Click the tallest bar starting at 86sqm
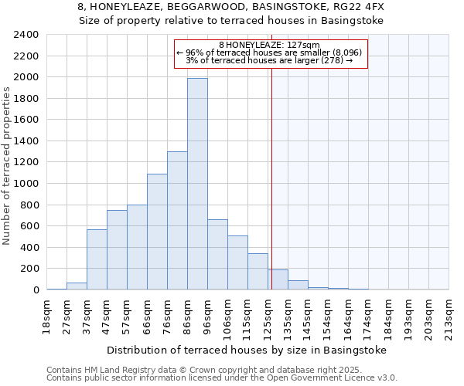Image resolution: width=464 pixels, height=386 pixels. click(197, 184)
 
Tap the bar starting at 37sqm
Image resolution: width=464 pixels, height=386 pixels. click(97, 259)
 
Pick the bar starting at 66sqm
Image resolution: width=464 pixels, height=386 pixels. click(157, 232)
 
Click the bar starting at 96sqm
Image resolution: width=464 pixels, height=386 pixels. click(217, 255)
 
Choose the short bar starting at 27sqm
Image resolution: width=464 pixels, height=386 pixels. click(77, 286)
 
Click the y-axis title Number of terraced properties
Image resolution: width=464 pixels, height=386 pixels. click(8, 166)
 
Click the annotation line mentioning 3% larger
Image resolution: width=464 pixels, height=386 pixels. click(269, 60)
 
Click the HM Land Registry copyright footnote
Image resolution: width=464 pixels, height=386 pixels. click(209, 370)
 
